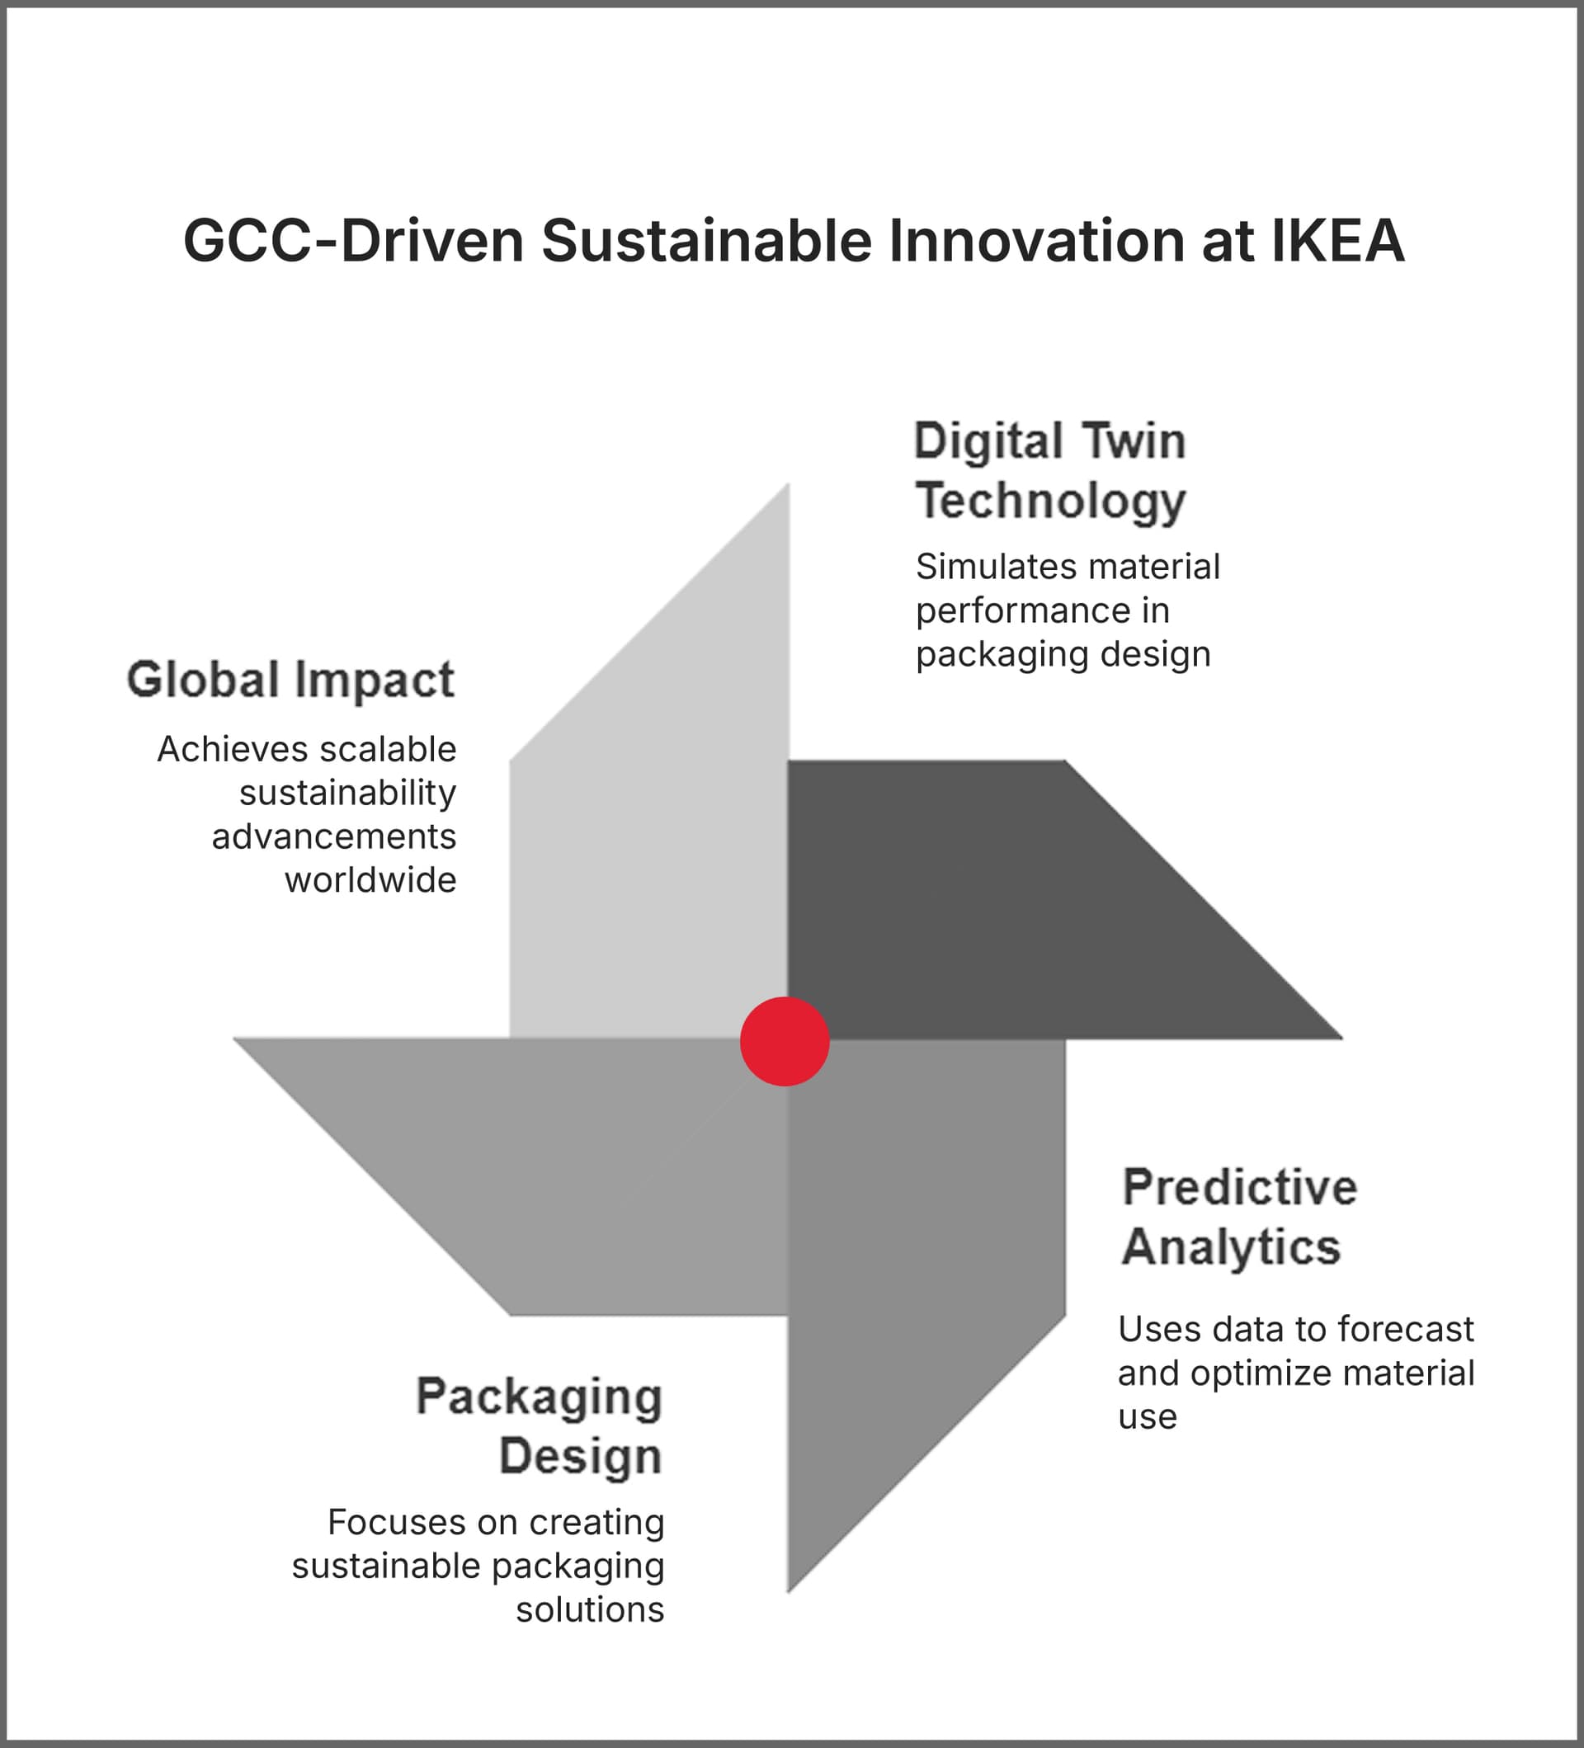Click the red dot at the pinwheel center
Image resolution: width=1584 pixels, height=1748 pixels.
click(785, 1041)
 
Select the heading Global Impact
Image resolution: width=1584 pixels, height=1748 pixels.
click(290, 679)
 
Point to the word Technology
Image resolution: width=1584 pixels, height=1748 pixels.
click(1050, 502)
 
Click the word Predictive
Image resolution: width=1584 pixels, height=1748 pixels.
click(1239, 1187)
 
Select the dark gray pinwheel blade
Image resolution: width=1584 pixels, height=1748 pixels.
click(997, 902)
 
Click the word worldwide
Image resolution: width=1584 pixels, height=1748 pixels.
click(370, 880)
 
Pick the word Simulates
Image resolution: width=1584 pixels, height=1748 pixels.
click(988, 567)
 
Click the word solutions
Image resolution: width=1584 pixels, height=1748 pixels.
click(590, 1609)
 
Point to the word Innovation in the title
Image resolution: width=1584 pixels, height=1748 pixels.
click(1036, 240)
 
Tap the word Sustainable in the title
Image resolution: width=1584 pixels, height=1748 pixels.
click(705, 240)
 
